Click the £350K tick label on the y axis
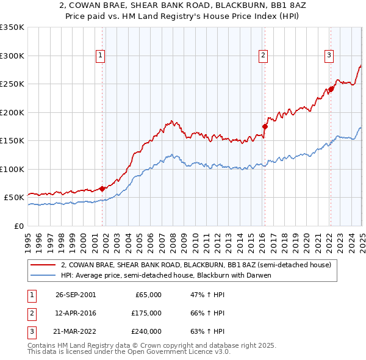click(12, 27)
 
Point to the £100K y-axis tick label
click(12, 169)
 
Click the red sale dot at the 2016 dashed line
click(265, 126)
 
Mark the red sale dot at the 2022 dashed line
click(331, 90)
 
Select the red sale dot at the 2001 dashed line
click(102, 189)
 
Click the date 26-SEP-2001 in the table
click(76, 295)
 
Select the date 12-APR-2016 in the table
click(76, 313)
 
